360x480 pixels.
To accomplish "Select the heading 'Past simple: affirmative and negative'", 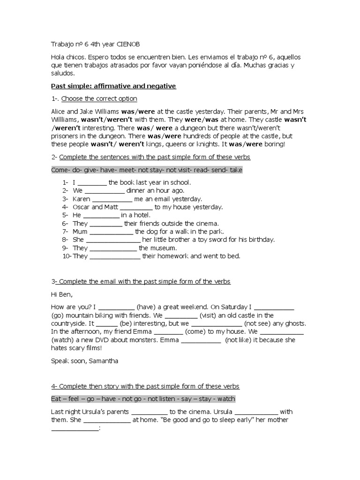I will click(113, 86).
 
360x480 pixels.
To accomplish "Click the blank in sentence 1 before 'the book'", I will click(91, 182).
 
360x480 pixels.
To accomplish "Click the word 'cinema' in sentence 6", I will click(206, 223).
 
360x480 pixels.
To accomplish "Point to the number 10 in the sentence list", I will click(66, 256).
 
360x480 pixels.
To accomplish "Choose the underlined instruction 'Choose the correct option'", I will click(99, 99).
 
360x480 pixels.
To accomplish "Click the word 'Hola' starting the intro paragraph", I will click(59, 57).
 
